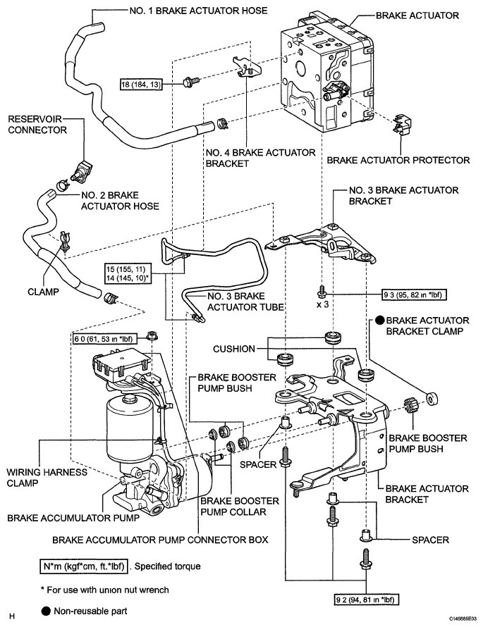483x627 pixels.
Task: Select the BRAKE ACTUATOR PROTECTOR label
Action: coord(398,161)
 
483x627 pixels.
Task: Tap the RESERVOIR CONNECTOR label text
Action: coord(37,125)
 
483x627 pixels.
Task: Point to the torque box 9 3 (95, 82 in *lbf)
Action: coord(415,295)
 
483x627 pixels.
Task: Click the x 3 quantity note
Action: coord(322,304)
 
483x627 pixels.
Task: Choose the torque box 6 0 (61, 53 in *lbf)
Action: coord(104,339)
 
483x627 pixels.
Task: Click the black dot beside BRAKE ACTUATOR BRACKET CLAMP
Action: coord(380,320)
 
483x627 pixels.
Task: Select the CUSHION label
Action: coord(234,349)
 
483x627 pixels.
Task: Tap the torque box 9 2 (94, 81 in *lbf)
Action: coord(367,600)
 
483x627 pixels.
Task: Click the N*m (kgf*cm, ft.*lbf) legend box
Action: coord(84,566)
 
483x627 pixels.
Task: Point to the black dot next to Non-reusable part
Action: coord(46,611)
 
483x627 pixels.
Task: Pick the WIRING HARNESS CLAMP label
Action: coord(47,478)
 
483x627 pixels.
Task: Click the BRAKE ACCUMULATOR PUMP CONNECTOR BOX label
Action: coord(160,540)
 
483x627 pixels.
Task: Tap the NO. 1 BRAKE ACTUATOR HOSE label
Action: coord(198,11)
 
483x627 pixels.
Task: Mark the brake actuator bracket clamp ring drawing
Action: coord(432,399)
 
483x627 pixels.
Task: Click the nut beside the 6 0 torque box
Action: coord(152,335)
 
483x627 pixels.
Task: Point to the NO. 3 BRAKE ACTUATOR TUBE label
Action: coord(245,302)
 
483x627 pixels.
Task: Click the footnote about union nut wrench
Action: coord(105,590)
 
